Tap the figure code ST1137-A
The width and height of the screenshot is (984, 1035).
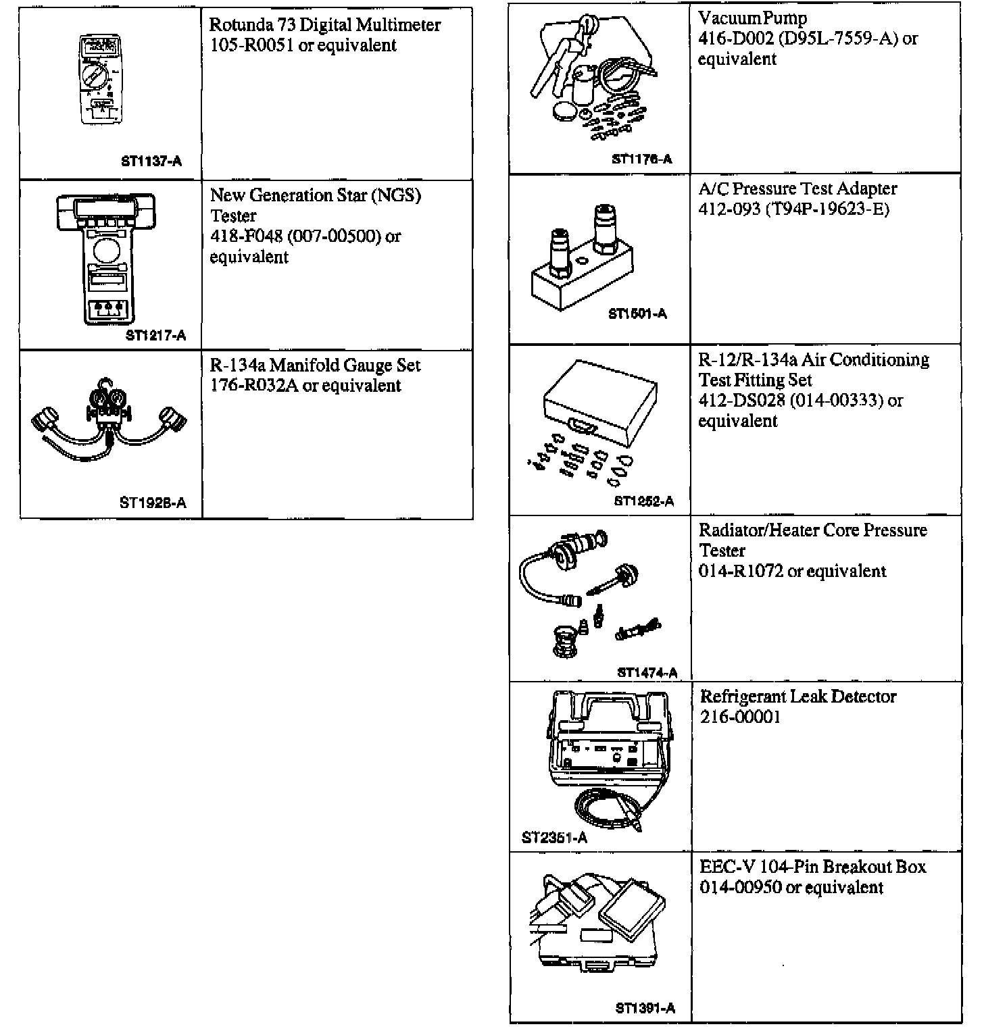point(151,161)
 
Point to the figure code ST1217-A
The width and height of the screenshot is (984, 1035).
point(155,336)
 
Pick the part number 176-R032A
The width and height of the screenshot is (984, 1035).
point(255,386)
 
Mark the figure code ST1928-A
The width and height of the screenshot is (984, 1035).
point(153,503)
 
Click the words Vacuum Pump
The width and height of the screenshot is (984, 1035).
point(752,18)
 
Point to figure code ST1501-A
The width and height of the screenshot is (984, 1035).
point(637,313)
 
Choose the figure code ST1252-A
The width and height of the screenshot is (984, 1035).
point(644,501)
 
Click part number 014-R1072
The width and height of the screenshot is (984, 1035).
point(741,572)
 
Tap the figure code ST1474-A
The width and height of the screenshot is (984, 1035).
point(647,672)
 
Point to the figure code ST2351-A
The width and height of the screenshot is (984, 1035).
point(554,838)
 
